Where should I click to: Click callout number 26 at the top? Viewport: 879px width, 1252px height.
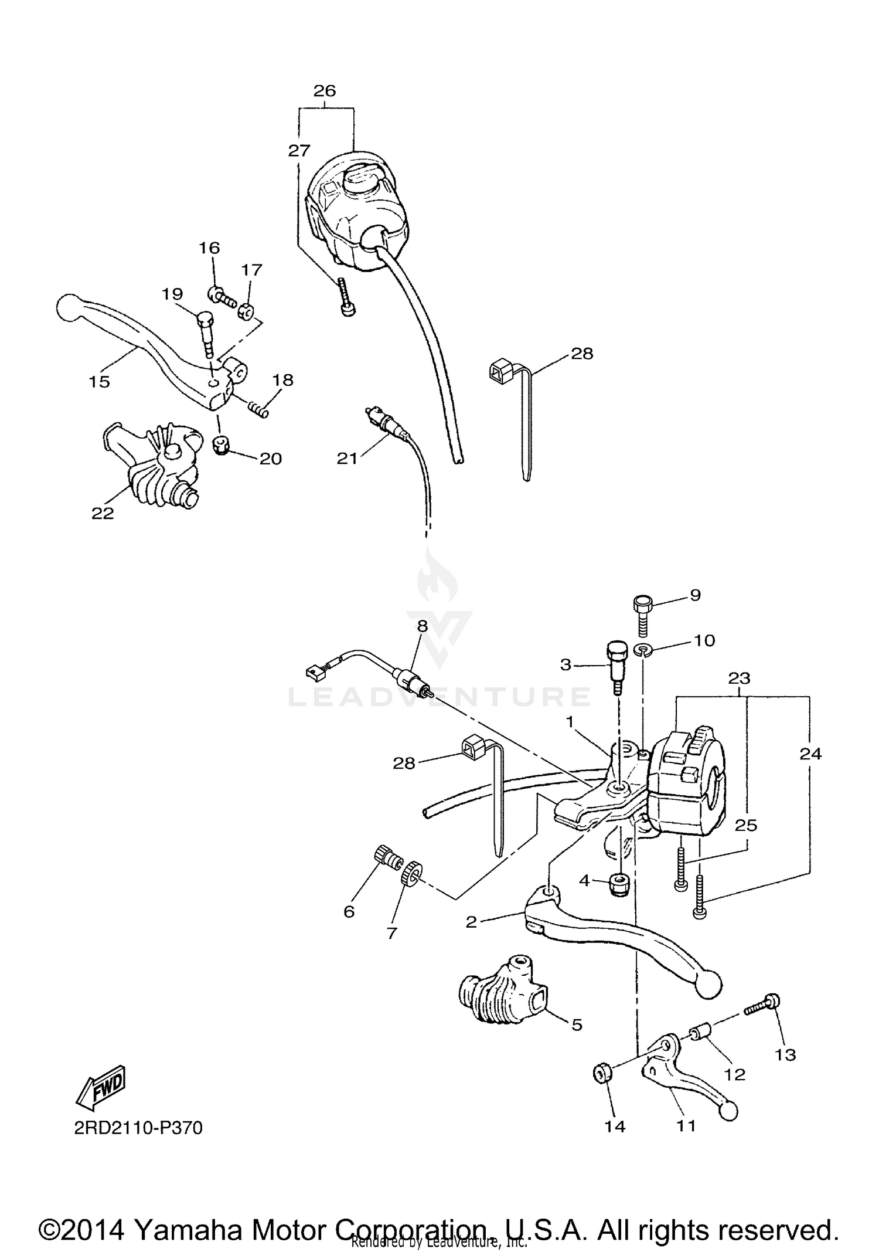coord(325,91)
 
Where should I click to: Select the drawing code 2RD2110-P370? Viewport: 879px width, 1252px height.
coord(138,1128)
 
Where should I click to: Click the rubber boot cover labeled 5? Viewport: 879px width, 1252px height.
coord(504,991)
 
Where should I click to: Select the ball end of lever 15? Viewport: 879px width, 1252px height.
coord(70,307)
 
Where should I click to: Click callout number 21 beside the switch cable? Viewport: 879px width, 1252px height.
coord(347,458)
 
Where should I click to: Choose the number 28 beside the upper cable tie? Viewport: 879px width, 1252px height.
coord(581,354)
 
